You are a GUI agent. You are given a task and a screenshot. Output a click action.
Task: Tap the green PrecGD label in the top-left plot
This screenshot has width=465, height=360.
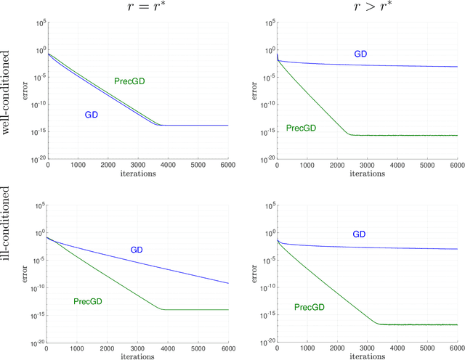(129, 81)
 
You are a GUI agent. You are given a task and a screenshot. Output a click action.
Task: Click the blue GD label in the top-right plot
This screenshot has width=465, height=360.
(360, 54)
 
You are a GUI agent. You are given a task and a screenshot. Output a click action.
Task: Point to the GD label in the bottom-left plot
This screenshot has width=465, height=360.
(137, 250)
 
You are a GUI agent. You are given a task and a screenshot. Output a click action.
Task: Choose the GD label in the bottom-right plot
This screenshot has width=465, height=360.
(359, 234)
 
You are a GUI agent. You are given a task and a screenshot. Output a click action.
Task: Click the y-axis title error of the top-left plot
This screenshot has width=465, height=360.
(25, 91)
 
